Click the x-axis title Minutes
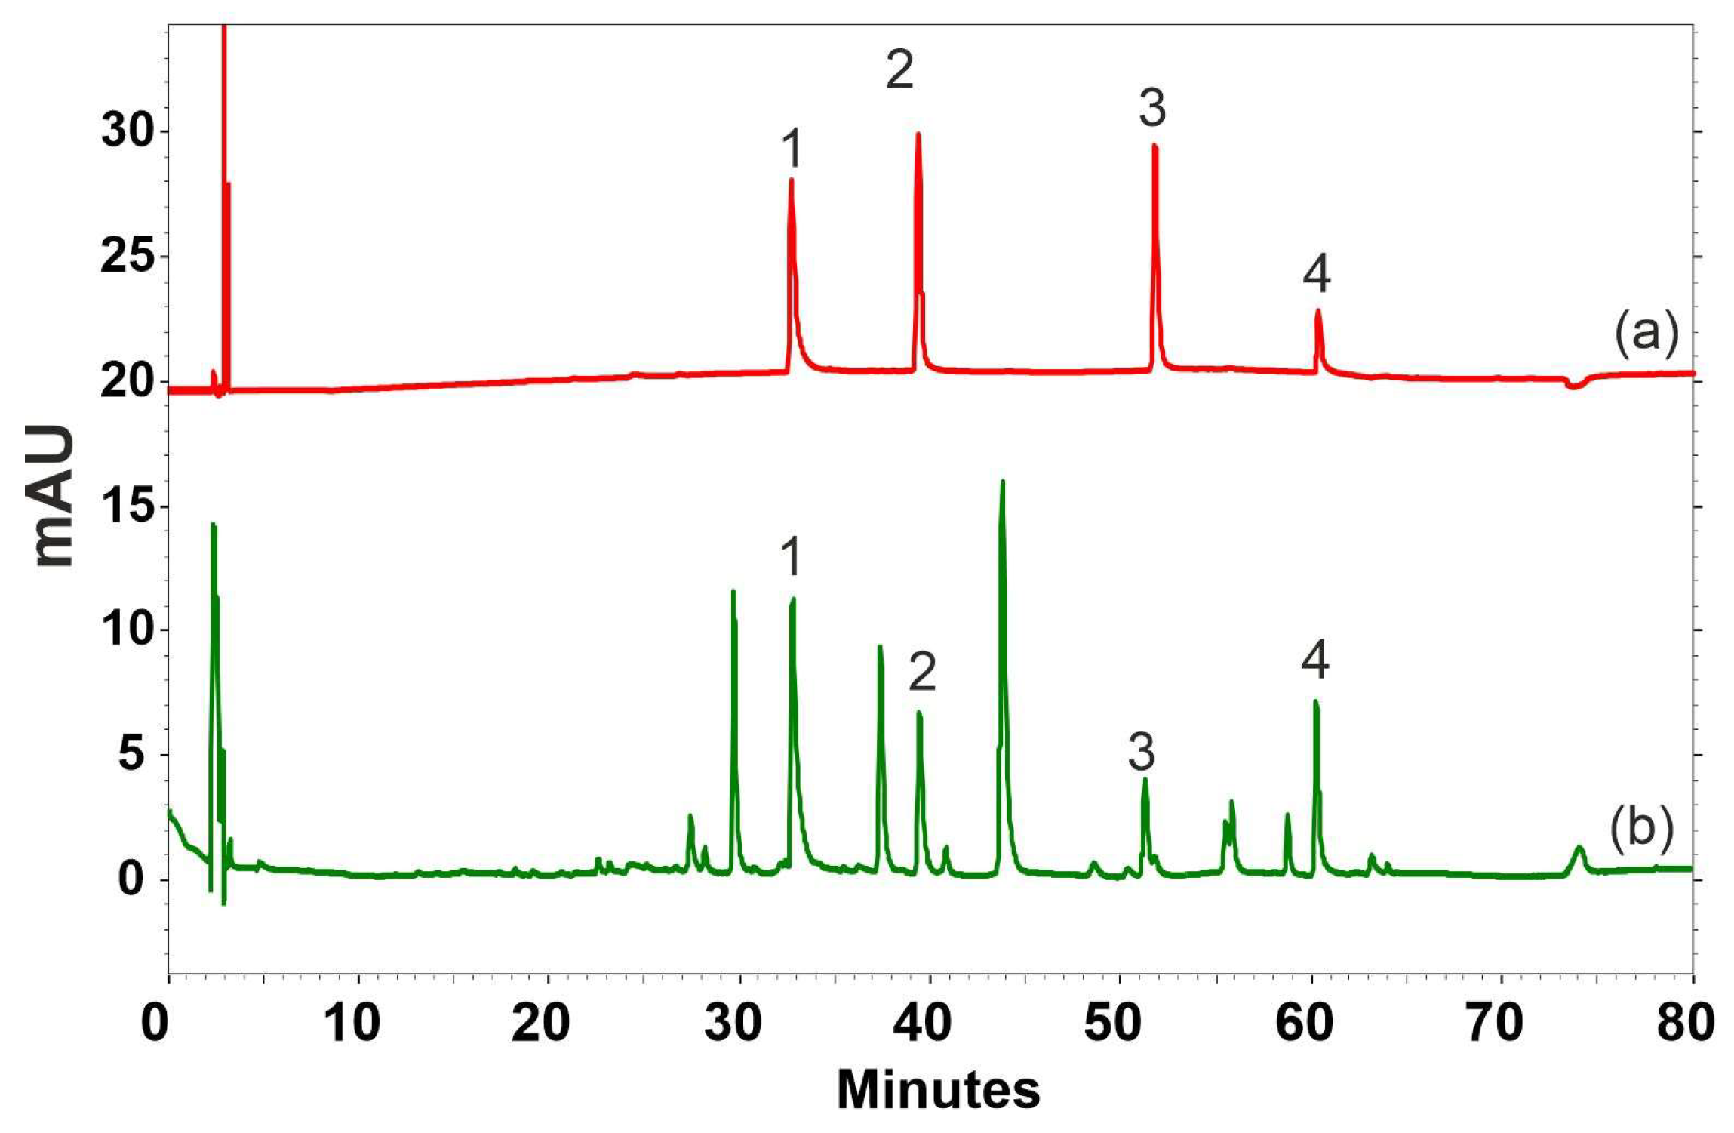point(938,1089)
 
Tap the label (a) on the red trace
point(1647,333)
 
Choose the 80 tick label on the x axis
point(1691,1024)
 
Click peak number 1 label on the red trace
point(791,149)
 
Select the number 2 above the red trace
point(899,70)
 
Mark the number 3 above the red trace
point(1152,108)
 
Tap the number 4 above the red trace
point(1317,273)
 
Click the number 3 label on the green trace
point(1141,752)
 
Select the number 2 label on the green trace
point(922,672)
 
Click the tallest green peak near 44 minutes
point(1002,482)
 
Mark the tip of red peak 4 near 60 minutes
point(1318,311)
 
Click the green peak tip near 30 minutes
point(733,592)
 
